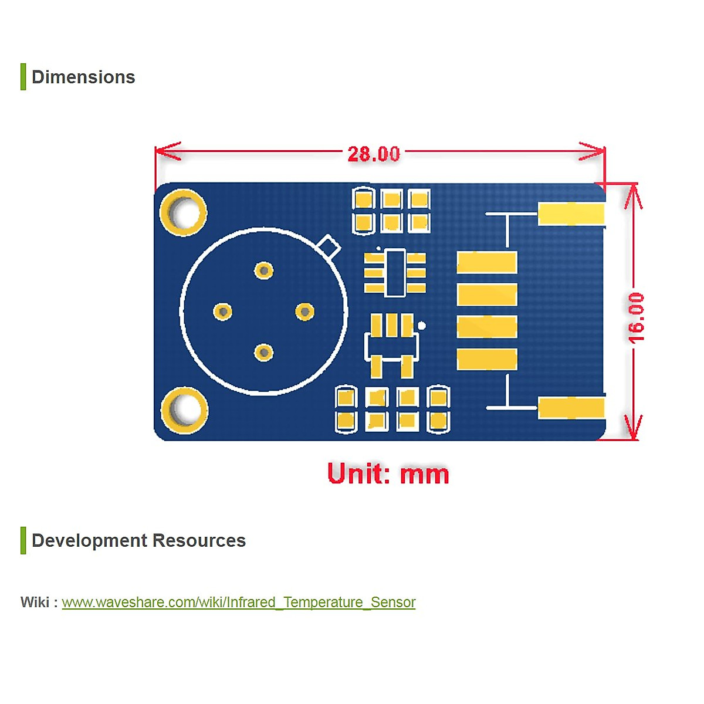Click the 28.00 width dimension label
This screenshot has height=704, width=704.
[373, 154]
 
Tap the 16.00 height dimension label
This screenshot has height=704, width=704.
[636, 317]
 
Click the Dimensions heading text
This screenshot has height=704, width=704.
[83, 77]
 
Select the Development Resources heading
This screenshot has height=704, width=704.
[139, 540]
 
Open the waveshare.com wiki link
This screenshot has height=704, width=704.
[239, 602]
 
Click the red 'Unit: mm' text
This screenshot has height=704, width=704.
[388, 473]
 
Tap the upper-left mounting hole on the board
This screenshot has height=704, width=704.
[184, 212]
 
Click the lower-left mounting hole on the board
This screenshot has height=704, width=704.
[184, 411]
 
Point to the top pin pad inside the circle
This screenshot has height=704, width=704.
[264, 270]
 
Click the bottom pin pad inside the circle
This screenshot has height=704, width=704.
[264, 353]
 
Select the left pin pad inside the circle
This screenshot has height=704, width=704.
[222, 312]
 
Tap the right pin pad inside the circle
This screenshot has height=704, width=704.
[304, 312]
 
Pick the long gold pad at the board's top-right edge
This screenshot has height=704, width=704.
[571, 214]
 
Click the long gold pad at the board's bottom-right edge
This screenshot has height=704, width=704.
[571, 408]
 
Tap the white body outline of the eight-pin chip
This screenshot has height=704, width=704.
[395, 273]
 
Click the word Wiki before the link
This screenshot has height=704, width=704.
[35, 602]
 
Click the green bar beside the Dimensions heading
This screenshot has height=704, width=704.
[23, 77]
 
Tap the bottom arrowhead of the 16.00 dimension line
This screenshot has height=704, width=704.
[633, 427]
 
